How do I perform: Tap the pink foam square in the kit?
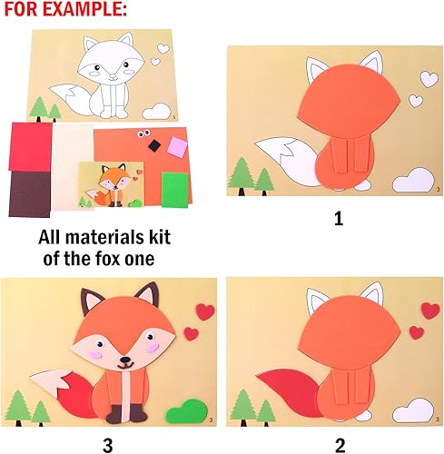[174, 145]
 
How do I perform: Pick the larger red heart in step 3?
[206, 311]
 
